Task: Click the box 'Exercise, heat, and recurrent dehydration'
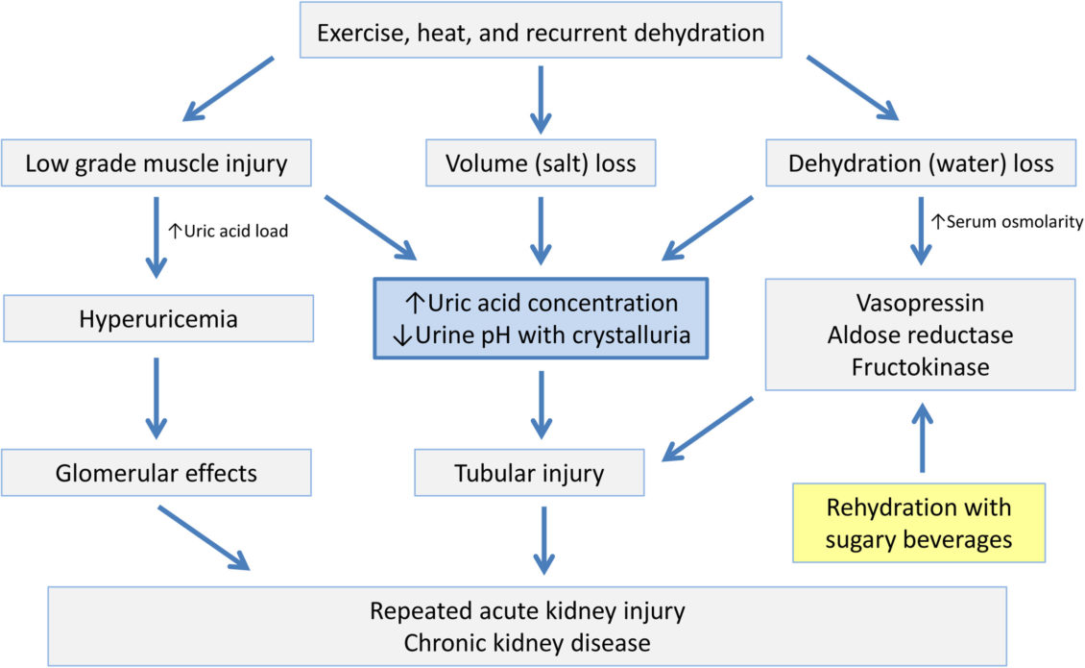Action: pyautogui.click(x=541, y=33)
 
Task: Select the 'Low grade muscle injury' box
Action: pyautogui.click(x=156, y=163)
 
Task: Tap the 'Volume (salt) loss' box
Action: pyautogui.click(x=541, y=163)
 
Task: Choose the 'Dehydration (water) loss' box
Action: pyautogui.click(x=920, y=163)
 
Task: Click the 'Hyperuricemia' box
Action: pyautogui.click(x=157, y=318)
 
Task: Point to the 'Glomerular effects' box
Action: pyautogui.click(x=157, y=473)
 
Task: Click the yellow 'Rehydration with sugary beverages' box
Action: pyautogui.click(x=919, y=523)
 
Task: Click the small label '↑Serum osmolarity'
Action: pyautogui.click(x=1006, y=222)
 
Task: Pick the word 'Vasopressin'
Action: pyautogui.click(x=920, y=304)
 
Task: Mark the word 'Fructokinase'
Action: pyautogui.click(x=920, y=367)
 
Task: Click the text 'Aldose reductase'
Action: pyautogui.click(x=920, y=335)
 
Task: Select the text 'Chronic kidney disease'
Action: pyautogui.click(x=526, y=642)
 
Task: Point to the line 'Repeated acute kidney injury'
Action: pyautogui.click(x=526, y=611)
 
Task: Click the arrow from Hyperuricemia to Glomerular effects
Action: pyautogui.click(x=157, y=395)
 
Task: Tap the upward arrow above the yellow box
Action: pyautogui.click(x=922, y=436)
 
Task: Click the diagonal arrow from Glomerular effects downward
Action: pyautogui.click(x=204, y=536)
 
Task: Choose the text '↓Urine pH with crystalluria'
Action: pyautogui.click(x=541, y=335)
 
